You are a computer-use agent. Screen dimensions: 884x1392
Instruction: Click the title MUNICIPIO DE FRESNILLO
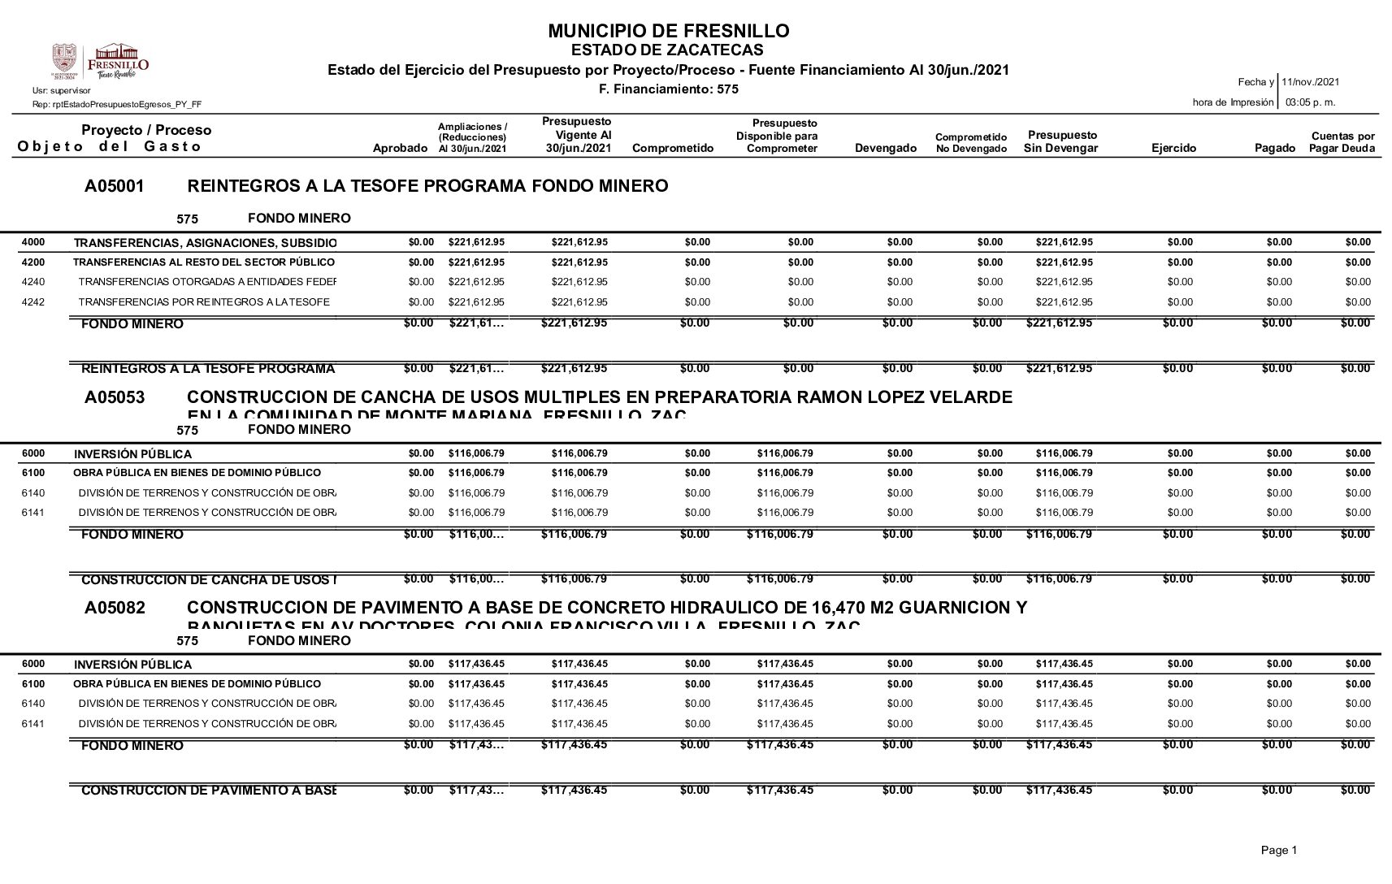668,32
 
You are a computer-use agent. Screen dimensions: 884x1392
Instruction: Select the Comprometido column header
672,148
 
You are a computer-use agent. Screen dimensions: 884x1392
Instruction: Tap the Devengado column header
886,148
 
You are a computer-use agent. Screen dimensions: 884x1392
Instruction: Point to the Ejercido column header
1173,148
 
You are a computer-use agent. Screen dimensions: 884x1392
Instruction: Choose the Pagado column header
1275,148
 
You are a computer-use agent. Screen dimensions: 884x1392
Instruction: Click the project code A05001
115,187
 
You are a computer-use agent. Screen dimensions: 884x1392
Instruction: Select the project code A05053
115,398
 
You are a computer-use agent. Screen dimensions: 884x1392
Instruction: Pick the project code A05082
115,609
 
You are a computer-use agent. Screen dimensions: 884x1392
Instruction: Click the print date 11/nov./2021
1310,82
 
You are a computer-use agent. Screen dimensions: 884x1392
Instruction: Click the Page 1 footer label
1279,850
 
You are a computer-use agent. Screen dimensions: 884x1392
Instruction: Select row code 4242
33,302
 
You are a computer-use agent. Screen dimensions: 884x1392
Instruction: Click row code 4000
33,242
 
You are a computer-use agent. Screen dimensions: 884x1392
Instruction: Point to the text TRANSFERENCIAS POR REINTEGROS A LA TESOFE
204,302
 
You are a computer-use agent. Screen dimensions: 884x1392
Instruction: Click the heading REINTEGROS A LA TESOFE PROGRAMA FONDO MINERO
427,187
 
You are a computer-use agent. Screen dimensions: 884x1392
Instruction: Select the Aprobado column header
399,148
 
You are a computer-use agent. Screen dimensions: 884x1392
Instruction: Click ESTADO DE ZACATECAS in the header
668,50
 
